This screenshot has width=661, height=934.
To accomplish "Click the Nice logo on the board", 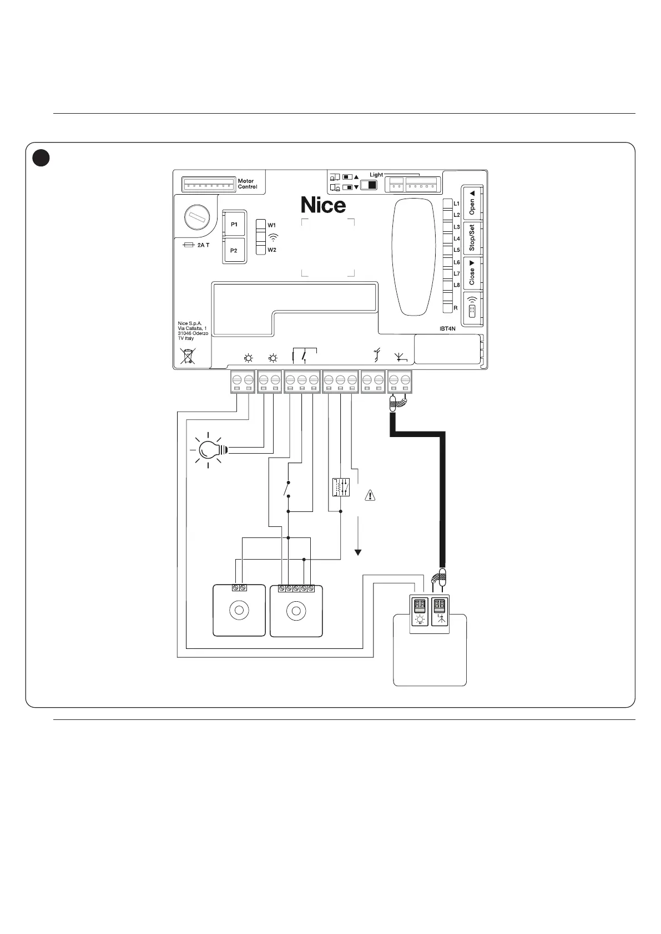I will click(x=323, y=205).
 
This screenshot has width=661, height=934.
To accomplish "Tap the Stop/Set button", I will click(x=472, y=237).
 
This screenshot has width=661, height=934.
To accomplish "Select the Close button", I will click(x=472, y=272).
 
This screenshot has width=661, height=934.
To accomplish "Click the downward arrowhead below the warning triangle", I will click(x=358, y=552).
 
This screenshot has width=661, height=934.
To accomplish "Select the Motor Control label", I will click(x=248, y=184).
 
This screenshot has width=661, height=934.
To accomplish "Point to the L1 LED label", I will click(x=457, y=204).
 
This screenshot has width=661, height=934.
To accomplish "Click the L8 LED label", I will click(x=457, y=285).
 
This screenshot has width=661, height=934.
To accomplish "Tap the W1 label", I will click(x=272, y=225).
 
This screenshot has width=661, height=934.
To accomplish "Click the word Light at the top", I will click(x=376, y=175).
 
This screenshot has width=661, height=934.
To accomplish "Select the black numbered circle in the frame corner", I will click(x=41, y=158).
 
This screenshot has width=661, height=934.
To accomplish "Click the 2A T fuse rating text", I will click(x=204, y=245).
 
